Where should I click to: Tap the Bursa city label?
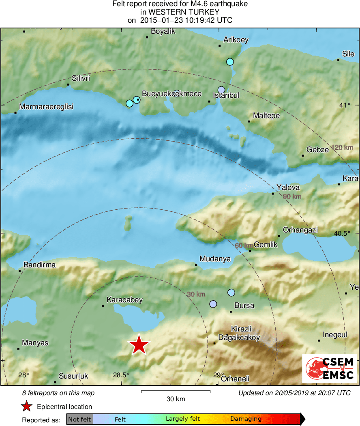coord(244,306)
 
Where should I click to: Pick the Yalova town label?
coord(288,187)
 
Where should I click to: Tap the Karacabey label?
coord(124,300)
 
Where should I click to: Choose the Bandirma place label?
coord(40,265)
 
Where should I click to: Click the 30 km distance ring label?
coord(196,294)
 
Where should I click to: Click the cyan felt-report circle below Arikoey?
coord(230,62)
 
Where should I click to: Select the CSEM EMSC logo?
coord(329,368)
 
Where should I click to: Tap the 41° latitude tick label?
coord(345,105)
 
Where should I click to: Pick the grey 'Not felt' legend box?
coord(80,419)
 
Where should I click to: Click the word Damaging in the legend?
coord(246,419)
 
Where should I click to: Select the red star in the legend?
coord(27,407)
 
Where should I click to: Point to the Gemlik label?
coord(266,245)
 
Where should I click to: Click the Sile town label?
coord(348,54)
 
